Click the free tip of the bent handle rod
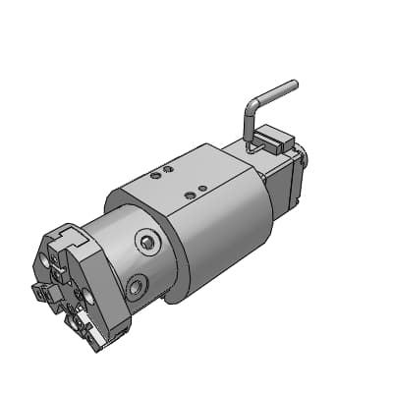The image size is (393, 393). [x=293, y=85]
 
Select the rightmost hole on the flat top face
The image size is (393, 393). [x=201, y=187]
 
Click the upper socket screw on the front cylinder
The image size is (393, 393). [x=148, y=242]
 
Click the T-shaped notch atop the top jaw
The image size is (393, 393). [x=72, y=233]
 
